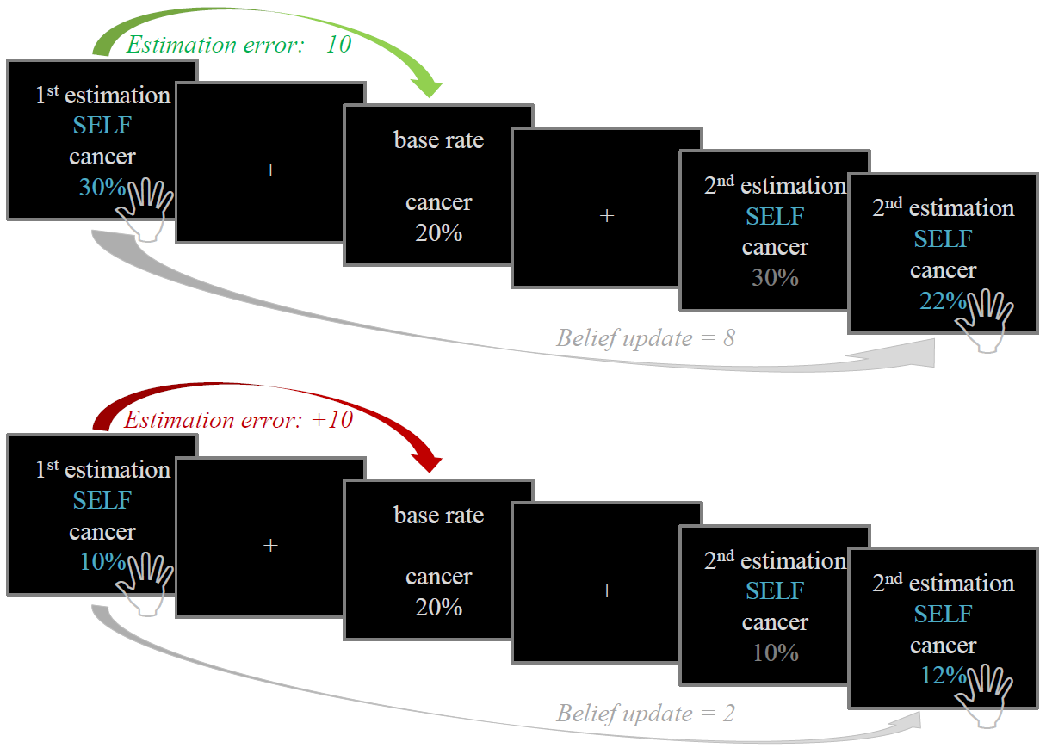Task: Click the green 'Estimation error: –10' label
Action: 238,45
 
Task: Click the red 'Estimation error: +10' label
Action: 238,421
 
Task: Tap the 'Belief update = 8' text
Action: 645,338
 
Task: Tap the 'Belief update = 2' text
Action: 645,714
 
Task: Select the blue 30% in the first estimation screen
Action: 102,187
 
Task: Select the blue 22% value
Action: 942,300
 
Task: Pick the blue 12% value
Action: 942,676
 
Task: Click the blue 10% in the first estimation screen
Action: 102,562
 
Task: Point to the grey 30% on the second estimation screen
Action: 775,278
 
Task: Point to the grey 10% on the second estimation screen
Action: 775,653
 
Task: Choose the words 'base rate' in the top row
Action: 438,140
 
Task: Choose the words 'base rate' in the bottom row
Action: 438,516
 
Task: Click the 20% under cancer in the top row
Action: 438,232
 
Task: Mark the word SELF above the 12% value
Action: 943,615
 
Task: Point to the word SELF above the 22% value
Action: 943,238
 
